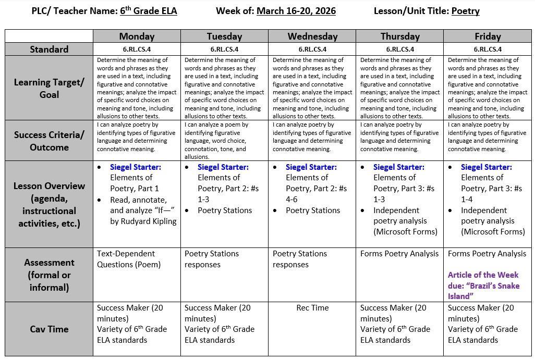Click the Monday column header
[x=137, y=36]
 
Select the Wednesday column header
[x=312, y=36]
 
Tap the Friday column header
[x=488, y=36]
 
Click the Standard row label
[x=49, y=49]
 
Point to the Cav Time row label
[x=49, y=329]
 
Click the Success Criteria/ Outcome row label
[x=49, y=141]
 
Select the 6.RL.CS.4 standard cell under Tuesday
[x=224, y=49]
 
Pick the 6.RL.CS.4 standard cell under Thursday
[x=400, y=49]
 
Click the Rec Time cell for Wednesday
[x=312, y=308]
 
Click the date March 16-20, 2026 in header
[x=296, y=11]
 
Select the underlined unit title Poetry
[x=465, y=11]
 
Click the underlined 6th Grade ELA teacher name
[x=148, y=11]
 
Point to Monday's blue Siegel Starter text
[x=136, y=167]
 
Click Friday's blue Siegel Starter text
[x=487, y=167]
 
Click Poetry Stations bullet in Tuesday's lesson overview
[x=225, y=210]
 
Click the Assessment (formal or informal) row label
[x=49, y=275]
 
